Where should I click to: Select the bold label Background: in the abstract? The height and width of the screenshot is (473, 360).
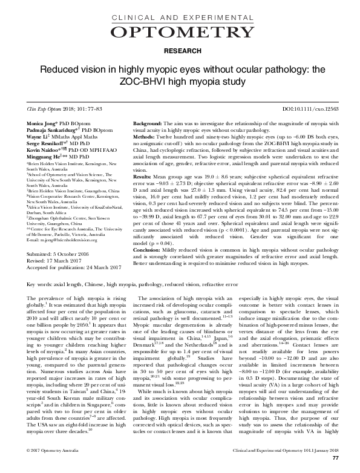(148, 123)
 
